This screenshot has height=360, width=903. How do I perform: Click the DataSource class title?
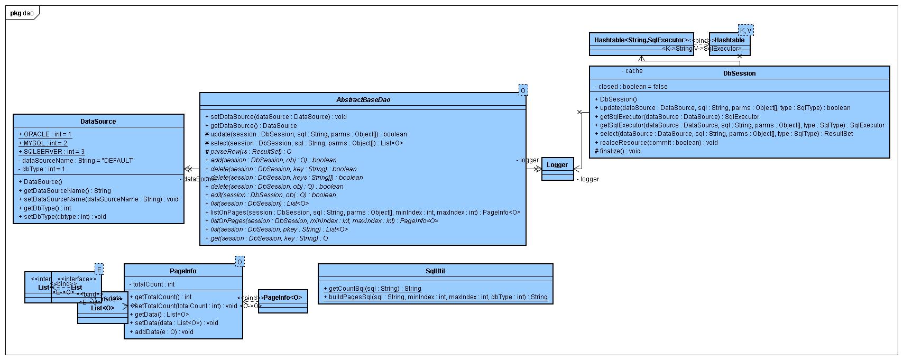click(98, 121)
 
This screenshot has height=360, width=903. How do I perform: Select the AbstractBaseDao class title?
click(363, 99)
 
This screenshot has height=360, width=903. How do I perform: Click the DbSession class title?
click(739, 73)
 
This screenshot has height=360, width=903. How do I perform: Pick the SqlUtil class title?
click(435, 271)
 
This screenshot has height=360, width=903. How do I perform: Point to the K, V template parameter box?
click(745, 30)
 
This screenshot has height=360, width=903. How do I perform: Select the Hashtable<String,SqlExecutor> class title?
click(641, 40)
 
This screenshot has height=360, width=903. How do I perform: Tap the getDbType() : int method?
click(47, 208)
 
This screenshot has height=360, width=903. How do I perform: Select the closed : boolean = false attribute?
click(631, 87)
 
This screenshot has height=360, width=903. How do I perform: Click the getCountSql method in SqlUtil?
click(372, 289)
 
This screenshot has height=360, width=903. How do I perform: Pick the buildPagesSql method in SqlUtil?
click(435, 297)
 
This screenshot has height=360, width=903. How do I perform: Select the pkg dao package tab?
click(21, 13)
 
